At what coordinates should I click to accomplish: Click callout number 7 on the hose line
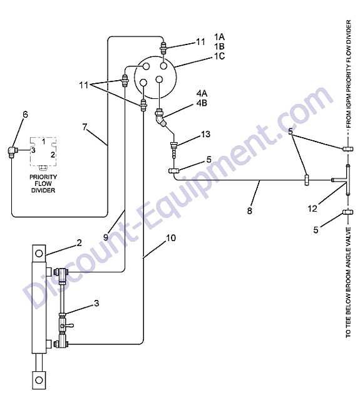click(x=85, y=127)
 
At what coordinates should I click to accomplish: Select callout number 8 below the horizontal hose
click(x=249, y=211)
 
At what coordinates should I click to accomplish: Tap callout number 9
click(x=106, y=237)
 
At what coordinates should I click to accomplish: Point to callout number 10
click(x=171, y=238)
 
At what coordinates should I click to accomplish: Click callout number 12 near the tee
click(x=312, y=209)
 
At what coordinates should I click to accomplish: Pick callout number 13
click(x=205, y=134)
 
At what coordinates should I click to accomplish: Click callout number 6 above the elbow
click(x=25, y=115)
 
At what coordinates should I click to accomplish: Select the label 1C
click(x=220, y=56)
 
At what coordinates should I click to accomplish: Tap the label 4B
click(x=202, y=103)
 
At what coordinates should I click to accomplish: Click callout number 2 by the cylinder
click(x=79, y=243)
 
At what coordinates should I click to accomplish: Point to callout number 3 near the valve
click(x=96, y=303)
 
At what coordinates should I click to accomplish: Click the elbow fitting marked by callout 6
click(x=12, y=152)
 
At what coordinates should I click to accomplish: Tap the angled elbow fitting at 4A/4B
click(x=161, y=118)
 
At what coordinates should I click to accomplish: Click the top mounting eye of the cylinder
click(x=39, y=254)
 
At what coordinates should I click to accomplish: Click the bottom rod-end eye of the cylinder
click(x=39, y=380)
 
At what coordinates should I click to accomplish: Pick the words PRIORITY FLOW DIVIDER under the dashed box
click(x=43, y=183)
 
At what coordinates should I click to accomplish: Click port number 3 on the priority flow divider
click(x=33, y=150)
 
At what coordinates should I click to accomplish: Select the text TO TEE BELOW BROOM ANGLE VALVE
click(x=348, y=282)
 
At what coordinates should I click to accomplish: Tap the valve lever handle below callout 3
click(x=68, y=326)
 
